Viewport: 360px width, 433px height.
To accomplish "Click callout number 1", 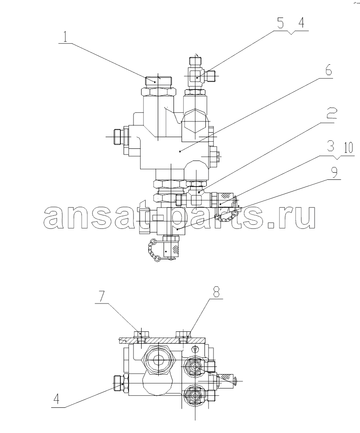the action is [65, 36].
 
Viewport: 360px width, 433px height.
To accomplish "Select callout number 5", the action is [280, 23].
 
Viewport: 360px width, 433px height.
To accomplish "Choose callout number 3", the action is [330, 146].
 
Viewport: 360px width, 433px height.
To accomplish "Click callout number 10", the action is [349, 148].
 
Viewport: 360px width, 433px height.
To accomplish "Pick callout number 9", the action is [334, 172].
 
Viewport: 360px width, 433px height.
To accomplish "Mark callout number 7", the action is [102, 296].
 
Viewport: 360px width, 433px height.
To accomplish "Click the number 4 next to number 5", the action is [301, 23].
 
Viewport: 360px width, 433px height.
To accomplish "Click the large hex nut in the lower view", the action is [159, 359].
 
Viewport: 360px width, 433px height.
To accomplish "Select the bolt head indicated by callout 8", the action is [183, 334].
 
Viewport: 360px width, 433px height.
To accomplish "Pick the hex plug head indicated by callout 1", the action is [158, 80].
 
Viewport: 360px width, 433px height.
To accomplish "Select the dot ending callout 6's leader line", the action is [180, 151].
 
